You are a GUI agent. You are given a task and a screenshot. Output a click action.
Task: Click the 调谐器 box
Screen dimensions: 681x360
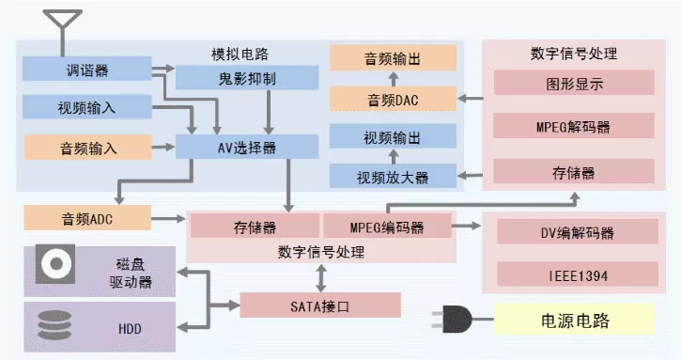(86, 69)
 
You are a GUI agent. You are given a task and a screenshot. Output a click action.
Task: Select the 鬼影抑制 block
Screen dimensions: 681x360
(247, 78)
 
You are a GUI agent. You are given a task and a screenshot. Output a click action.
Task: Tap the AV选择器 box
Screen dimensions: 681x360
(247, 147)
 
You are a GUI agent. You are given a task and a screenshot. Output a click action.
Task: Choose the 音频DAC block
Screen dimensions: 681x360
(393, 99)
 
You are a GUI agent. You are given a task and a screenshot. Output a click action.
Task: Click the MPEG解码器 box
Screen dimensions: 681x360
(574, 126)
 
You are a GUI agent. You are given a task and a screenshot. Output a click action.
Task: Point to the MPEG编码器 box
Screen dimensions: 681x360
(387, 226)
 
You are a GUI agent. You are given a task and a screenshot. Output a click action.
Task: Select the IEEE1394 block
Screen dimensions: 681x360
(578, 274)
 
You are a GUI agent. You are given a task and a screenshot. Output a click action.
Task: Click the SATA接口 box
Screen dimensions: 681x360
(320, 305)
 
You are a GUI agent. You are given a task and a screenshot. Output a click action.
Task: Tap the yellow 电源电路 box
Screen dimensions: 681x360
(575, 320)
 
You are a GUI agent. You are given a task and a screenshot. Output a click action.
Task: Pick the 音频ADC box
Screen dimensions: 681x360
(87, 218)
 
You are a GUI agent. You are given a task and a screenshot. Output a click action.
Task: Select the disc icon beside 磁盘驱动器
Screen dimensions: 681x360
(55, 264)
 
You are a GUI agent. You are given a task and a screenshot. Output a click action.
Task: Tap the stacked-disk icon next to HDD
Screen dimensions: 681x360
(54, 325)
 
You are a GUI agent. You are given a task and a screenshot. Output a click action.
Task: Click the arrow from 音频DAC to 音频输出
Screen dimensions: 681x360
(393, 79)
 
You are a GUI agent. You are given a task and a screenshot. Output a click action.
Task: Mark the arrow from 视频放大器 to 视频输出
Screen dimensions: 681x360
(394, 156)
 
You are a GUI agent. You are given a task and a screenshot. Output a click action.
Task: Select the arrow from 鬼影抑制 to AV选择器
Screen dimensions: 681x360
(269, 112)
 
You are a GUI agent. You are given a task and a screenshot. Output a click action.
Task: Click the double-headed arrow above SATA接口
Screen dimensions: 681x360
(321, 278)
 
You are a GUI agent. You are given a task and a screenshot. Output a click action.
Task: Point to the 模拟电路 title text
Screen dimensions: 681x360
(240, 54)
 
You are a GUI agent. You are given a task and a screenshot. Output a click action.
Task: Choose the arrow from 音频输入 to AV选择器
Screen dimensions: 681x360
(163, 147)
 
